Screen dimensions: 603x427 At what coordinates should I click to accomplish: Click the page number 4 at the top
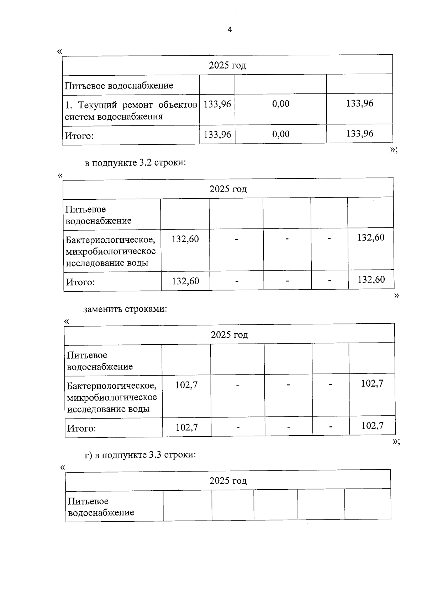point(230,29)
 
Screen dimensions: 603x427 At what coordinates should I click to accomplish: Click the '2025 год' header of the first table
point(227,65)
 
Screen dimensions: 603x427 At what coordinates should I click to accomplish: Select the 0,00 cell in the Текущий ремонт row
point(281,104)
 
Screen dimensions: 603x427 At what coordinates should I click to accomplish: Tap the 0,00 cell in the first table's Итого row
point(281,134)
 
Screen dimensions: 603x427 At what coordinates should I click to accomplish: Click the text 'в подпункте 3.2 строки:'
point(136,163)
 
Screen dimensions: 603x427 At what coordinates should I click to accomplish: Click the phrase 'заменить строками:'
point(125,309)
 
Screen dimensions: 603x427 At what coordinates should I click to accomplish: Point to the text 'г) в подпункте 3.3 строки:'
point(140,455)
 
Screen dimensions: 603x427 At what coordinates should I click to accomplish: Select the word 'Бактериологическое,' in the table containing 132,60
point(110,240)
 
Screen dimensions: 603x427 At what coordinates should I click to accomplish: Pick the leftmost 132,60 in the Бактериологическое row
point(185,239)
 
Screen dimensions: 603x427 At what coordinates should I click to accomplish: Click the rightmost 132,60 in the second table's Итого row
point(371,280)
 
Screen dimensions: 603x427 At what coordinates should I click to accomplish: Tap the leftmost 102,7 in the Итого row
point(186,427)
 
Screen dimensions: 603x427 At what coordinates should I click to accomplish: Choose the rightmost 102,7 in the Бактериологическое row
point(372,383)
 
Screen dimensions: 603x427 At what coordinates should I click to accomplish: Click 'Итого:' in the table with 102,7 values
point(81,429)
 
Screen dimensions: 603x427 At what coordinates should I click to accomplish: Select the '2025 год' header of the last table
point(228,481)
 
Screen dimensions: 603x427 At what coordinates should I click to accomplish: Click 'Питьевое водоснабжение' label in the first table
point(119,86)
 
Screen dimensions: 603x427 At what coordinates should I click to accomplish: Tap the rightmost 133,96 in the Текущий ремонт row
point(360,103)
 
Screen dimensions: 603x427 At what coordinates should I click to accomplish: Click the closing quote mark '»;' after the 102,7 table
point(396,442)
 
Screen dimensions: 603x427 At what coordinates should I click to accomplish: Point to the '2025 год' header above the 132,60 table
point(228,189)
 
